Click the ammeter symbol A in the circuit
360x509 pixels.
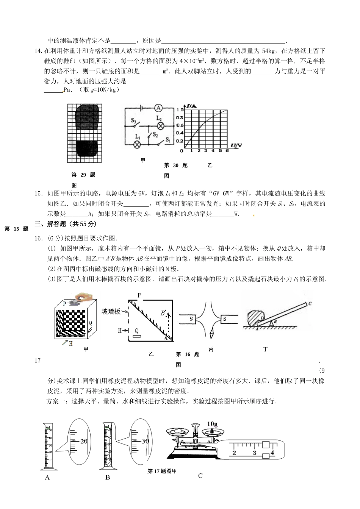158,108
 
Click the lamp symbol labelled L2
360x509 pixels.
160,125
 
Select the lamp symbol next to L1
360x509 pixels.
138,144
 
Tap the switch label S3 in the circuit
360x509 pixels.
134,120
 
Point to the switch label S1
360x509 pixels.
168,141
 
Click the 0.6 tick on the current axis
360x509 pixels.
180,125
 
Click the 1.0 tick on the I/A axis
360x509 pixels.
180,110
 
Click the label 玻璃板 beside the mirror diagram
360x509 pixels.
111,312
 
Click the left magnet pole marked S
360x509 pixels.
191,319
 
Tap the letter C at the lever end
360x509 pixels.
310,303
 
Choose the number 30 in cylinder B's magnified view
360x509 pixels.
145,441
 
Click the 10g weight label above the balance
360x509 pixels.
213,424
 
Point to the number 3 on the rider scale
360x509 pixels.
254,453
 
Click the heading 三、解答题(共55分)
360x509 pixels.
66,224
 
